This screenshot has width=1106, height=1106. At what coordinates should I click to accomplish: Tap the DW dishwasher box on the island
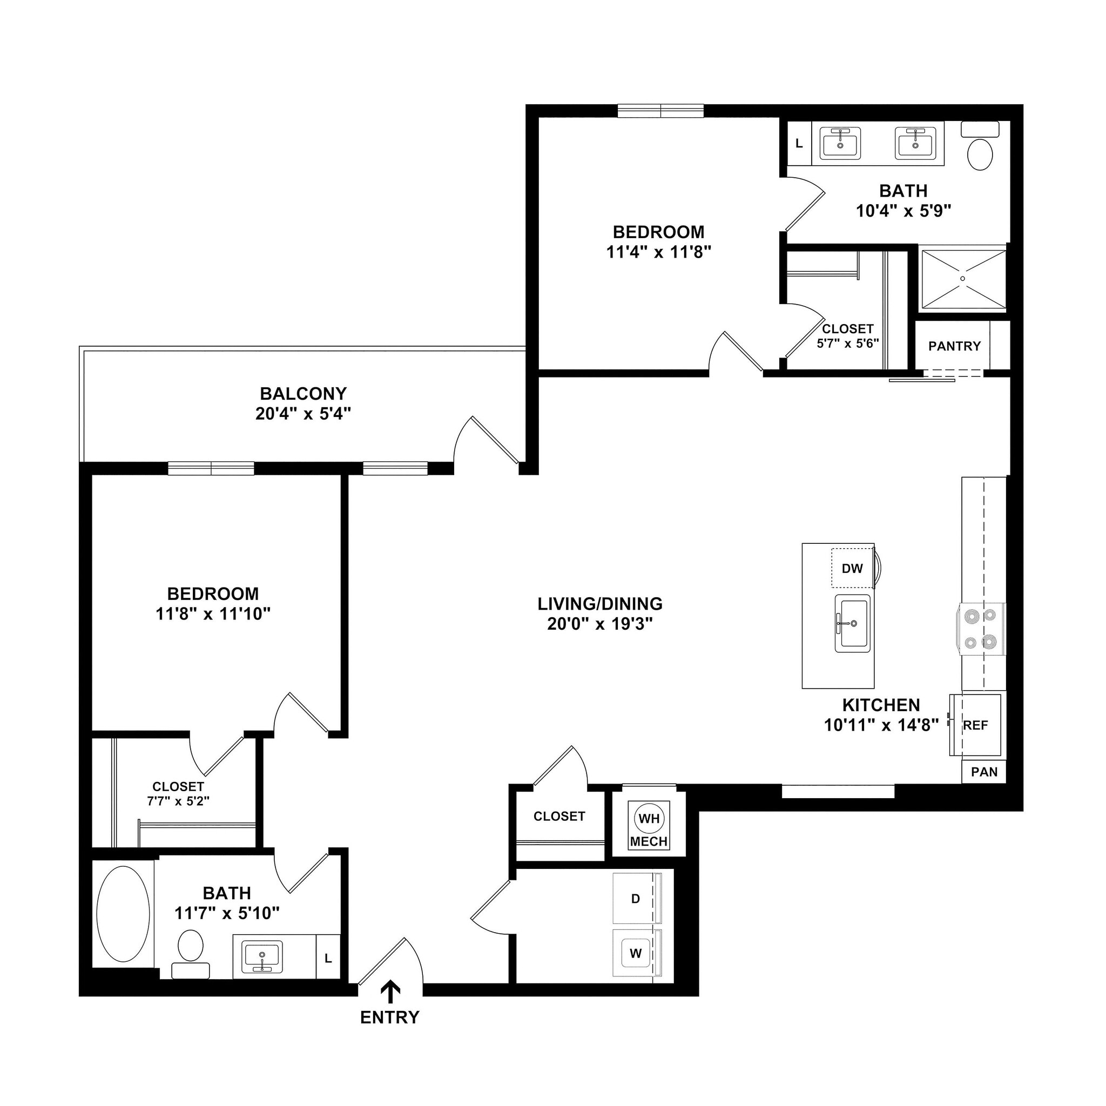pyautogui.click(x=852, y=569)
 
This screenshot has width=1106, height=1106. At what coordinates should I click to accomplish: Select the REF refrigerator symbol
pyautogui.click(x=975, y=725)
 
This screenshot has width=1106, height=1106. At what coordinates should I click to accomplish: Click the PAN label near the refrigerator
pyautogui.click(x=984, y=772)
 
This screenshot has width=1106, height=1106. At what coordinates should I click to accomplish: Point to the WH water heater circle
pyautogui.click(x=649, y=819)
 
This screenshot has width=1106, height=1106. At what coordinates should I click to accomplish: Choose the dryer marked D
pyautogui.click(x=636, y=899)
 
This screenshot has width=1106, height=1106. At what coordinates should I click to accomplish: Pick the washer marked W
pyautogui.click(x=636, y=953)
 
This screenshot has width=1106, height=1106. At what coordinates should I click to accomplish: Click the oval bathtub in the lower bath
pyautogui.click(x=123, y=914)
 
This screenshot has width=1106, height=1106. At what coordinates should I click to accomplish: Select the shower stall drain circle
pyautogui.click(x=963, y=279)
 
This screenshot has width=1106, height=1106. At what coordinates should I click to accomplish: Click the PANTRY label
pyautogui.click(x=954, y=346)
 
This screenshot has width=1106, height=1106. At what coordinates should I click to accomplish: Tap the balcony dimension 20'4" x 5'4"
pyautogui.click(x=303, y=413)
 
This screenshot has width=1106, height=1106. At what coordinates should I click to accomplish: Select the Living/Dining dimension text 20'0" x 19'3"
pyautogui.click(x=600, y=623)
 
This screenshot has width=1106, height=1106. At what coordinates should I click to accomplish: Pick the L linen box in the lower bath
pyautogui.click(x=328, y=959)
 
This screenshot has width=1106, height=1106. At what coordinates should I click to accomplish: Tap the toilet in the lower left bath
pyautogui.click(x=190, y=952)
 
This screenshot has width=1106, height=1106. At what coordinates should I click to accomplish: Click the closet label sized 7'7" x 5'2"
pyautogui.click(x=178, y=794)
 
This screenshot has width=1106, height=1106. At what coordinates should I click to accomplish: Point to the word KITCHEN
pyautogui.click(x=881, y=705)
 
